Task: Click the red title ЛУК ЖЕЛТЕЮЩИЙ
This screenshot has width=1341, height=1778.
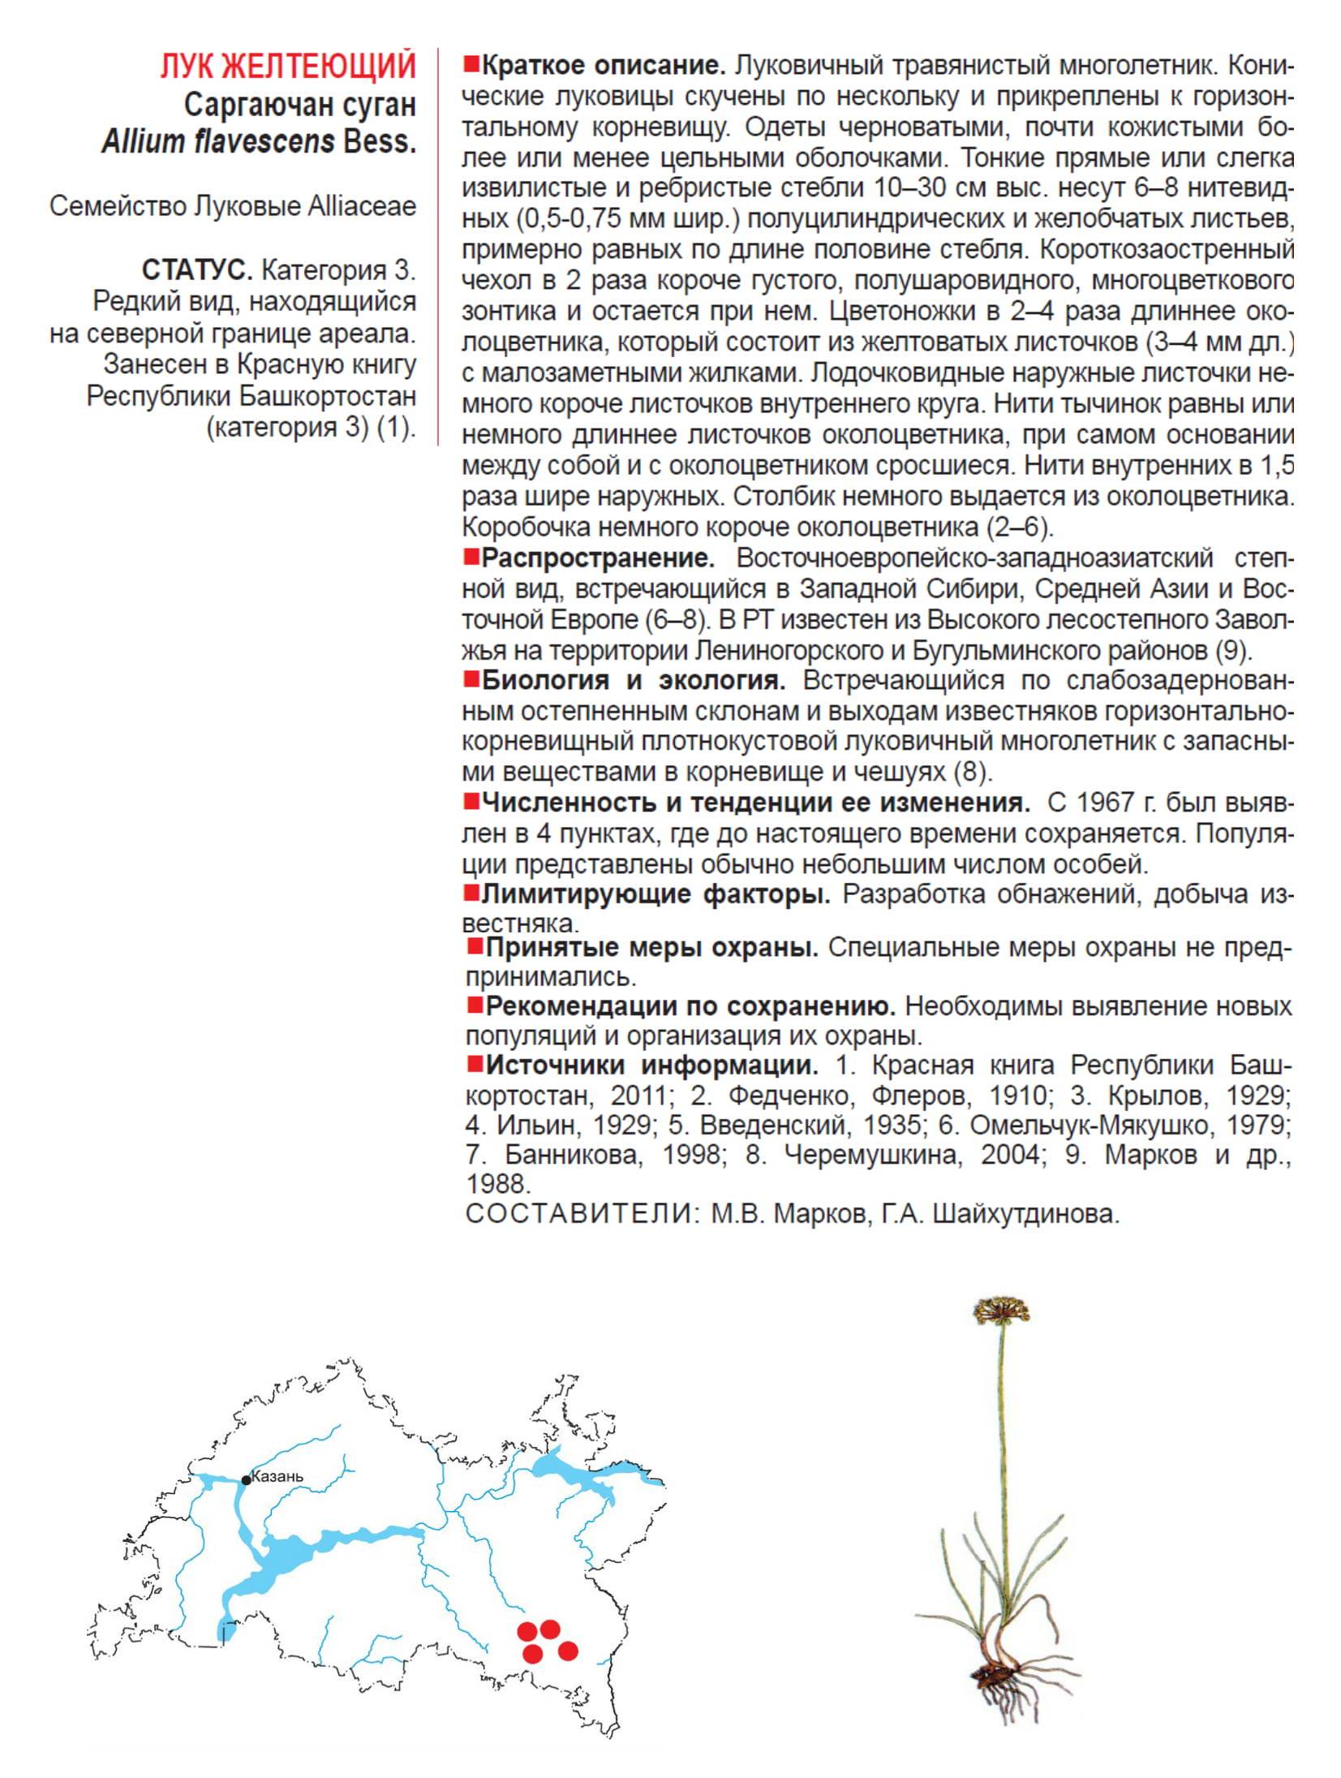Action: [x=288, y=67]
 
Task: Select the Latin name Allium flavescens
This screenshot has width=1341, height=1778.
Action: [x=218, y=142]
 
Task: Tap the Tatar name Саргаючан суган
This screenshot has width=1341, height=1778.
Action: [x=299, y=105]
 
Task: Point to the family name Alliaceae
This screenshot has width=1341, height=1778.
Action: [x=362, y=206]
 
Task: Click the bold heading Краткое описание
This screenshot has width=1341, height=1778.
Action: [x=603, y=66]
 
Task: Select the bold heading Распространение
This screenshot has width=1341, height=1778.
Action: [x=598, y=558]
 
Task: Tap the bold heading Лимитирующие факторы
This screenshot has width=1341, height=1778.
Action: [x=655, y=894]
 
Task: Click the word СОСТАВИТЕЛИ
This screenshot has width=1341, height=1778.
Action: [x=579, y=1214]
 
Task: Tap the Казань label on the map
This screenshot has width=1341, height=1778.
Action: [x=277, y=1476]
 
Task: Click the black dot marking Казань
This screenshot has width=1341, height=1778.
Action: [x=247, y=1480]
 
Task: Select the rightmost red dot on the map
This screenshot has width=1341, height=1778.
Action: [x=568, y=1650]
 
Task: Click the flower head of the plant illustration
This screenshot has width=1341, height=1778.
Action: [x=1001, y=1310]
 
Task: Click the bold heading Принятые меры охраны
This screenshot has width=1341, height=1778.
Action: [x=652, y=947]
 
